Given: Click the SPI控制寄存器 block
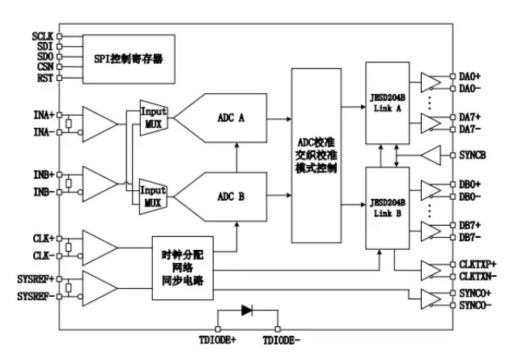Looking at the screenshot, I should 129,58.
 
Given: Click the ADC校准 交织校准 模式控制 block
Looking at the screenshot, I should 317,155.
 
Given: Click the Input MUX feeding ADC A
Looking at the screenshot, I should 153,119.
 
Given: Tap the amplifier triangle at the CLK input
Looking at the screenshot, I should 99,246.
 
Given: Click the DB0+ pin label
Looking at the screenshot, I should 470,184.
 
